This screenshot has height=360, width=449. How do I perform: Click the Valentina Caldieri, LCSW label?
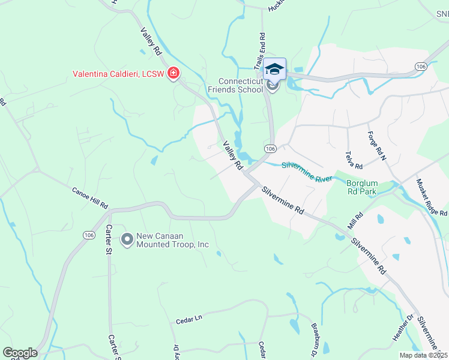coord(119,74)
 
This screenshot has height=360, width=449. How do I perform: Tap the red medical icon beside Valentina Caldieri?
coord(173,74)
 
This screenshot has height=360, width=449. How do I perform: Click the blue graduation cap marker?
coord(274,69)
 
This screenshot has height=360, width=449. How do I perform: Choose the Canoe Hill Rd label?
coord(89,197)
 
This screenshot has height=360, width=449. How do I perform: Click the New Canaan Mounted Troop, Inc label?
coord(172,240)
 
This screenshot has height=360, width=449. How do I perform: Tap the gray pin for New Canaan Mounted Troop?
coord(127,240)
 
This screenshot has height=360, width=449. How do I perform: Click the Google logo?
coord(20,353)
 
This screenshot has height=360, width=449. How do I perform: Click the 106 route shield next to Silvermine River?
coord(270,148)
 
